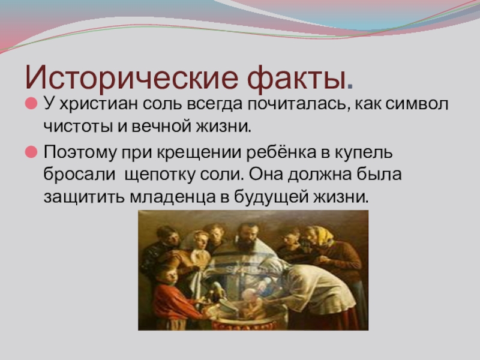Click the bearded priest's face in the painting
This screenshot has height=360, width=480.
[248, 236]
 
